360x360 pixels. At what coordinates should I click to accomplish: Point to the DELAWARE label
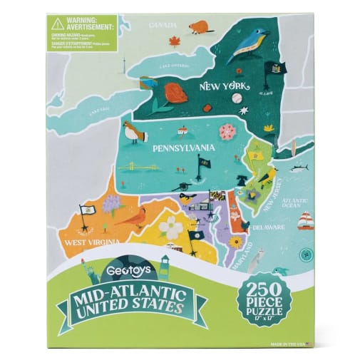(268, 227)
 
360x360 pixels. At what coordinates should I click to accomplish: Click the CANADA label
(163, 25)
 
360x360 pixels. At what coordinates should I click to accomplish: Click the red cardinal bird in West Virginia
(132, 215)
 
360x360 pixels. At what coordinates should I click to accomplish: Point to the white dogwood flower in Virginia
(170, 227)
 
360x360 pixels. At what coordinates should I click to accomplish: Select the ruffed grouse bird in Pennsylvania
(133, 132)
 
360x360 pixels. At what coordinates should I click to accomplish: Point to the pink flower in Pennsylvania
(228, 131)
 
